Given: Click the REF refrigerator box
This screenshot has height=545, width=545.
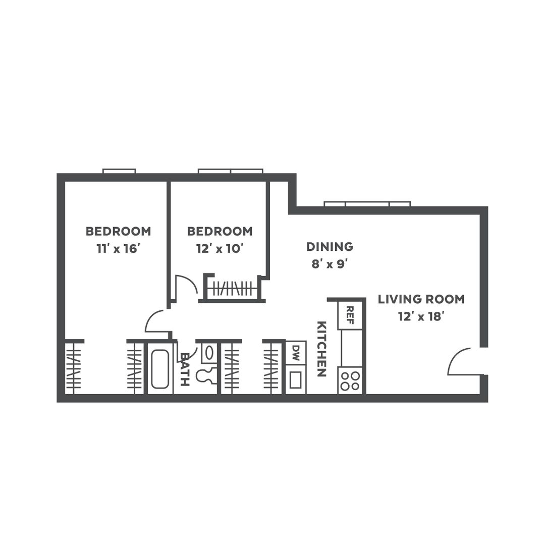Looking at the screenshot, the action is tap(350, 315).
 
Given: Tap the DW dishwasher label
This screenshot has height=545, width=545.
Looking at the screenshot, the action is tap(296, 352).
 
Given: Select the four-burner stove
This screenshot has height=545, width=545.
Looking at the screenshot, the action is tap(350, 381).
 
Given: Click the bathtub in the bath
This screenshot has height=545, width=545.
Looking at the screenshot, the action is tap(160, 368).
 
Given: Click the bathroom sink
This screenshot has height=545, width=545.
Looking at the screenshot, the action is tap(209, 353).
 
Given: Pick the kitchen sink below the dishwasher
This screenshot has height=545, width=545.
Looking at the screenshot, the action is tap(296, 379).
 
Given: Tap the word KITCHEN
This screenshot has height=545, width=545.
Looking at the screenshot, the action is tap(322, 349).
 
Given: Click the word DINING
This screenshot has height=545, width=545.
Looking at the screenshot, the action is tap(330, 247).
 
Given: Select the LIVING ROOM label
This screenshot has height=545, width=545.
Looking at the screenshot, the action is tap(421, 299).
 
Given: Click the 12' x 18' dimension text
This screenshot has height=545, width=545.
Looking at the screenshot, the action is tap(421, 316).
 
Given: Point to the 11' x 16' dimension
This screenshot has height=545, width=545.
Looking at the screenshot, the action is tap(118, 249).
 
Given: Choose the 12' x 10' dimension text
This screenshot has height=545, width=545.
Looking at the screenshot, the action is tap(220, 249).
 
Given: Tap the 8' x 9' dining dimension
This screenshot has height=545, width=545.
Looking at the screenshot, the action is tap(330, 264).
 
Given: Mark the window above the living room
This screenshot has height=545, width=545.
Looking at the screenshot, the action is tap(367, 204).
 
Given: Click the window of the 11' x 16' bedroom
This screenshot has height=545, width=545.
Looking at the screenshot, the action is tap(119, 171).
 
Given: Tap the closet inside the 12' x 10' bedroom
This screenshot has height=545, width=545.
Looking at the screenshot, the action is tap(232, 288).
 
